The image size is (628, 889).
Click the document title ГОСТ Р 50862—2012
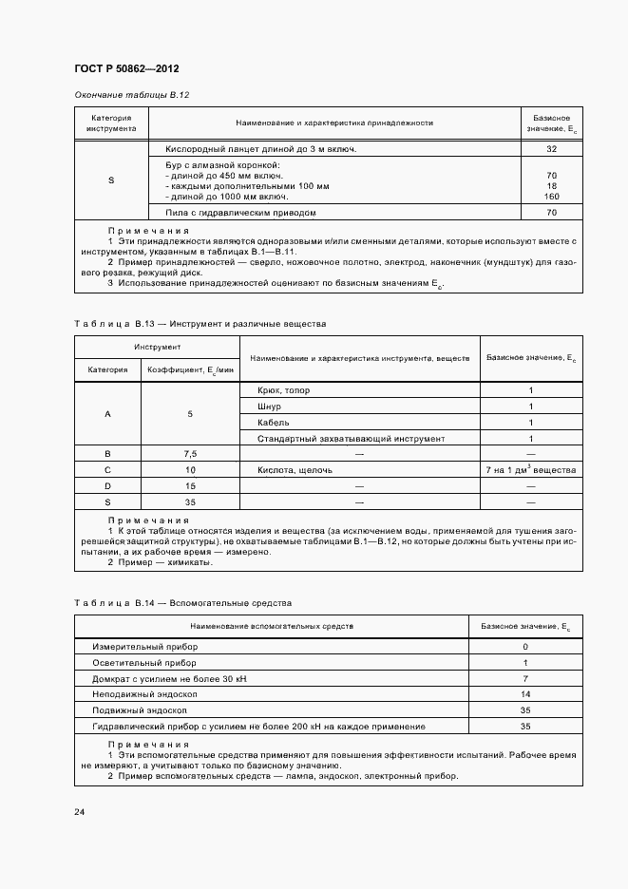pyautogui.click(x=125, y=69)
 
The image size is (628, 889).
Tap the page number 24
pyautogui.click(x=80, y=812)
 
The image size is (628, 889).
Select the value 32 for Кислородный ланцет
pyautogui.click(x=551, y=150)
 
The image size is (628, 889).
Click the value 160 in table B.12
pyautogui.click(x=551, y=196)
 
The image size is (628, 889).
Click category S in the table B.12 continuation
pyautogui.click(x=111, y=180)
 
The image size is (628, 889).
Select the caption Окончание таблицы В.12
pyautogui.click(x=132, y=96)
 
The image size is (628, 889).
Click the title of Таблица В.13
pyautogui.click(x=200, y=324)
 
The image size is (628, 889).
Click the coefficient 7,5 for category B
pyautogui.click(x=190, y=454)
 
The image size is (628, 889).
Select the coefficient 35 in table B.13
pyautogui.click(x=190, y=501)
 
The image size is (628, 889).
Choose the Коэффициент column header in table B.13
pyautogui.click(x=190, y=369)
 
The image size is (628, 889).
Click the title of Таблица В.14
pyautogui.click(x=183, y=603)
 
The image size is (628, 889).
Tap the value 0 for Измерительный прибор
pyautogui.click(x=525, y=646)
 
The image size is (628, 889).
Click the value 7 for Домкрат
pyautogui.click(x=525, y=678)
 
